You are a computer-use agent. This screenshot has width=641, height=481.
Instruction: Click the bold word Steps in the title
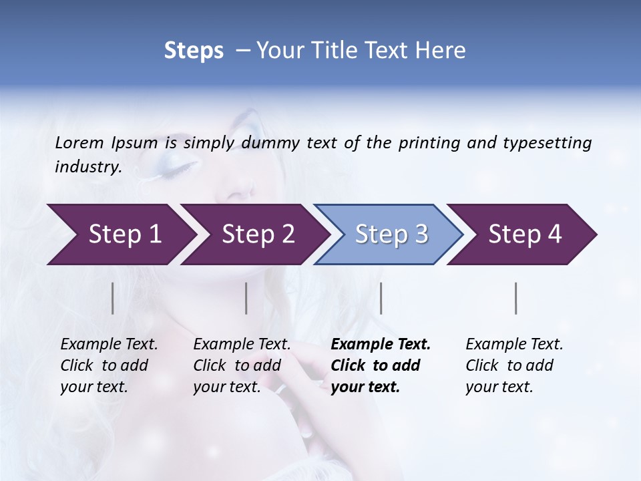pyautogui.click(x=194, y=51)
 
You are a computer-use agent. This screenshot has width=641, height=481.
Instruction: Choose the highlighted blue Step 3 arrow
pyautogui.click(x=391, y=234)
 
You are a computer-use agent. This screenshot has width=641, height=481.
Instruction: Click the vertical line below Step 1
pyautogui.click(x=113, y=298)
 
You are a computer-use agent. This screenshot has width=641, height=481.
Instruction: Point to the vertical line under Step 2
pyautogui.click(x=246, y=298)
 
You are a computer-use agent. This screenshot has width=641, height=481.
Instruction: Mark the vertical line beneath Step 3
pyautogui.click(x=381, y=298)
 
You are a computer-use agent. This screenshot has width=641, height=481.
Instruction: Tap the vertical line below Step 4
pyautogui.click(x=516, y=298)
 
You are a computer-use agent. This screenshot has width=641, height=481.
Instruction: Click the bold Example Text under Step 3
pyautogui.click(x=381, y=345)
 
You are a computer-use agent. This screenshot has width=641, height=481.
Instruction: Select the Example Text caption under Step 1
pyautogui.click(x=109, y=345)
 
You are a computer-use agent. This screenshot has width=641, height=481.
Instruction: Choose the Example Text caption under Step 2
pyautogui.click(x=242, y=345)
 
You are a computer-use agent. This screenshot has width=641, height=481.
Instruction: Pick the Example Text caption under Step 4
pyautogui.click(x=514, y=345)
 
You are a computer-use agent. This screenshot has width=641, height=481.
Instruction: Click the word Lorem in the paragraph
pyautogui.click(x=79, y=143)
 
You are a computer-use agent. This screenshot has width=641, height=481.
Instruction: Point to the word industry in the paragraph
pyautogui.click(x=87, y=167)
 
